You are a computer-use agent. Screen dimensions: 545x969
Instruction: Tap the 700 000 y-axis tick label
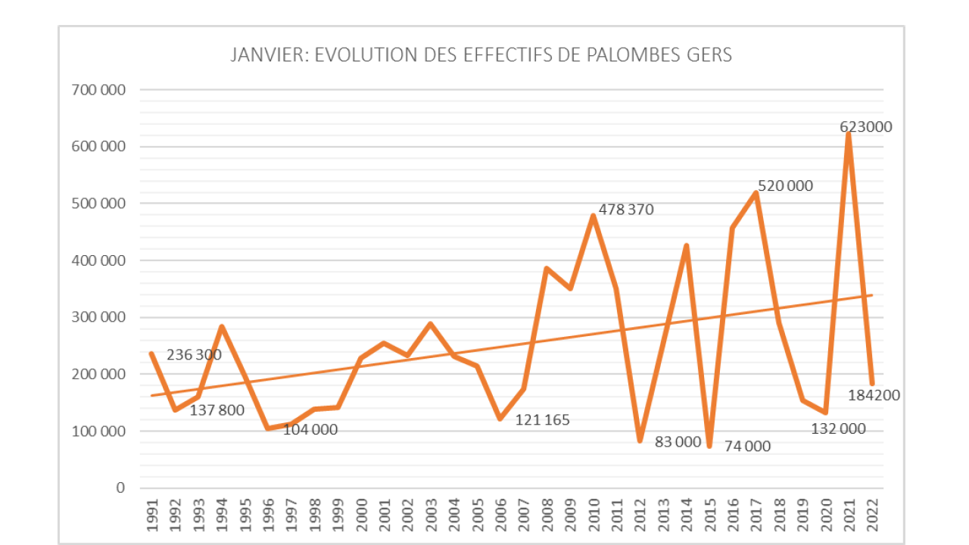[99, 90]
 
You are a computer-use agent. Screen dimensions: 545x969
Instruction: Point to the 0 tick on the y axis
[120, 488]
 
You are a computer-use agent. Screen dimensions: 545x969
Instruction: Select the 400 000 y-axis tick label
[99, 260]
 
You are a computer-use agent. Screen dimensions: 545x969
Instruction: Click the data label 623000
[866, 127]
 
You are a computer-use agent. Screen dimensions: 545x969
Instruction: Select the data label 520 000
[785, 185]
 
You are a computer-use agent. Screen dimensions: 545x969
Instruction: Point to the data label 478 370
[625, 210]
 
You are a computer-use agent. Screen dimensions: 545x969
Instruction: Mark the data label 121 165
[542, 420]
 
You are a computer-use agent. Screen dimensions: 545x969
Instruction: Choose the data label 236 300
[194, 355]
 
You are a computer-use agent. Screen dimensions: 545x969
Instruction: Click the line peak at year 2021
[849, 134]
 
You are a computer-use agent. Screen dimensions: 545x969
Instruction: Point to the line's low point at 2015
[709, 446]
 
